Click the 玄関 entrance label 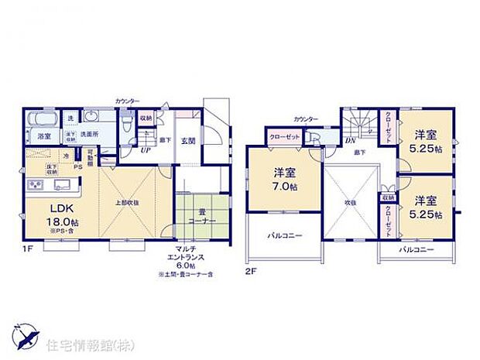tap(189, 141)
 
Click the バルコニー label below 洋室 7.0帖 tap(284, 234)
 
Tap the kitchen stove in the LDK tap(36, 186)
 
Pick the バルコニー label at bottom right tap(417, 250)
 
